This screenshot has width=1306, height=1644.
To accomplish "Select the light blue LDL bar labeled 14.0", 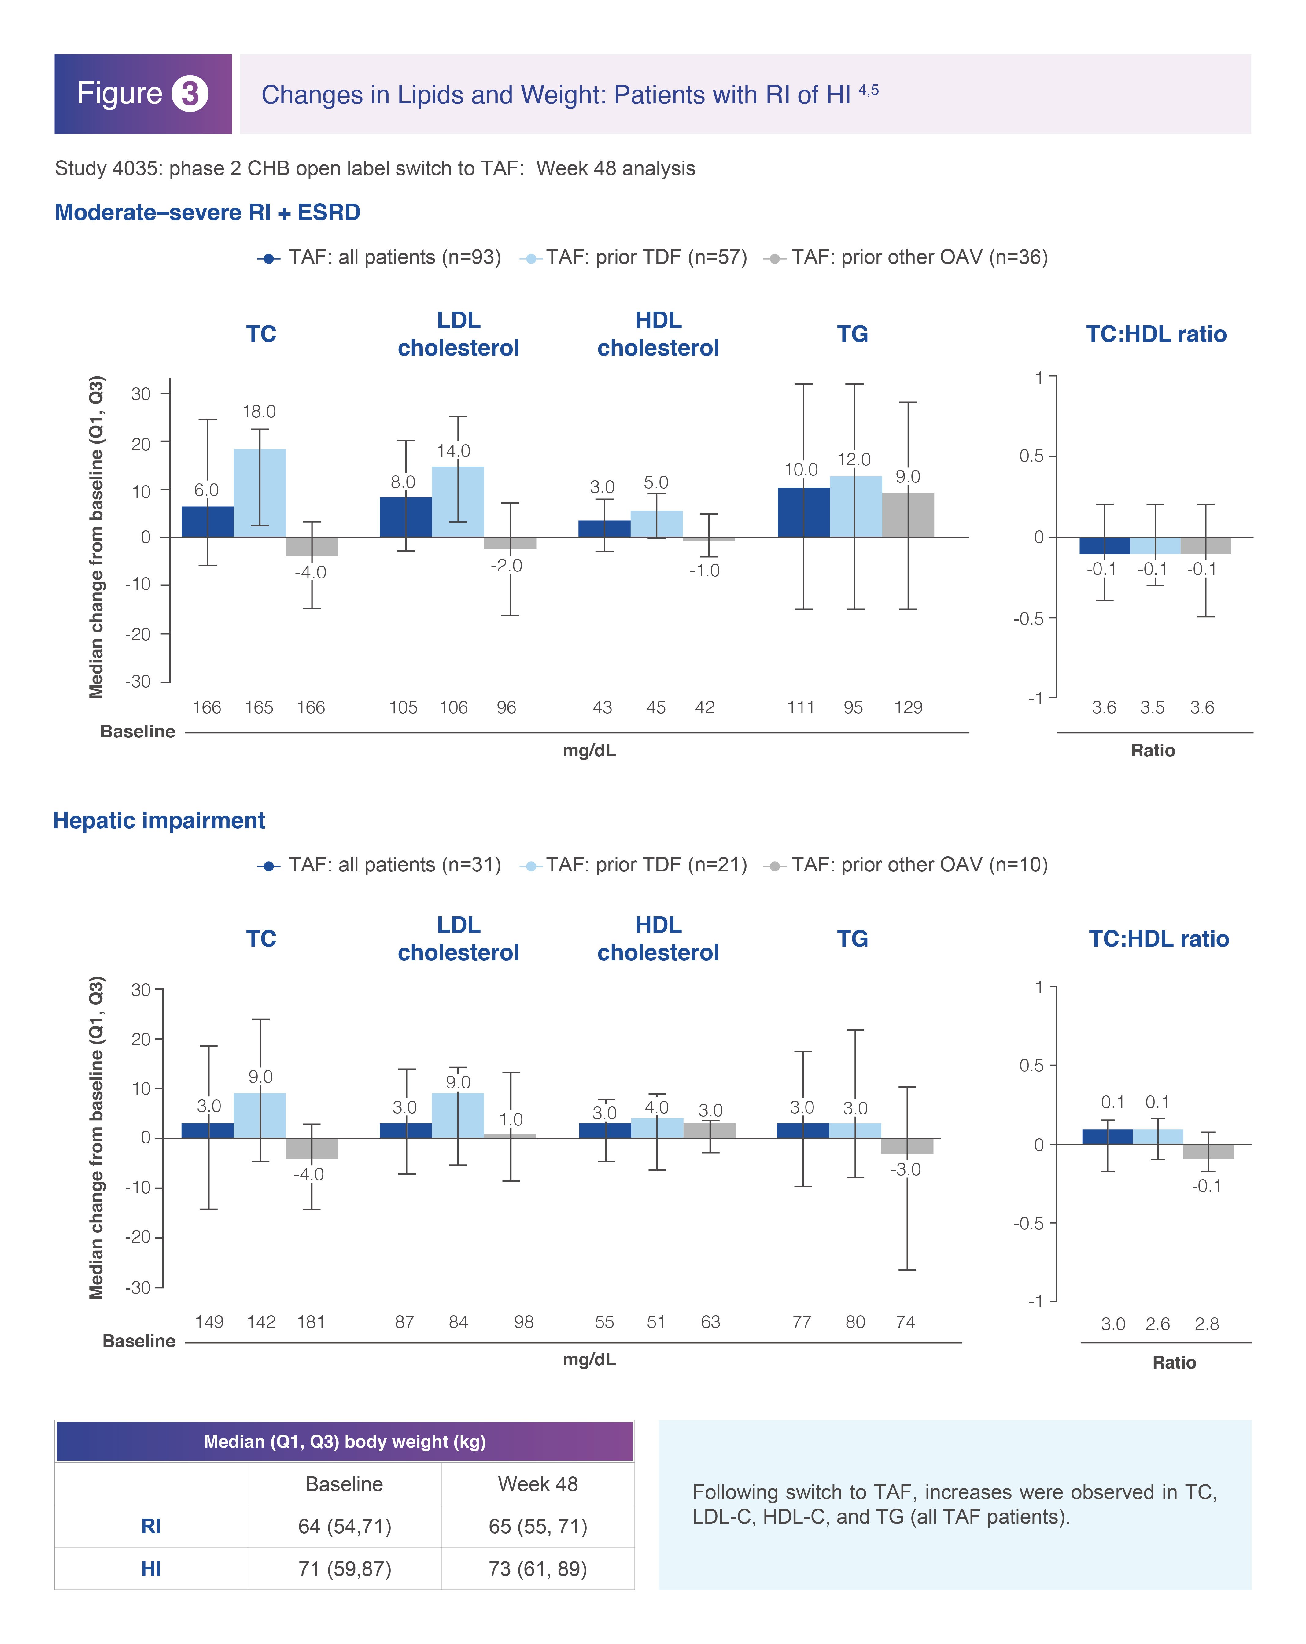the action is pyautogui.click(x=457, y=502).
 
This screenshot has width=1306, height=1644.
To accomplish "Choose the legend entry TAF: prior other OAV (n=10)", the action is pyautogui.click(x=906, y=865).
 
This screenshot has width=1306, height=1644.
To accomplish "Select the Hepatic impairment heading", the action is pyautogui.click(x=159, y=821).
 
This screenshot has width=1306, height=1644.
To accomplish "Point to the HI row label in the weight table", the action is pyautogui.click(x=151, y=1568).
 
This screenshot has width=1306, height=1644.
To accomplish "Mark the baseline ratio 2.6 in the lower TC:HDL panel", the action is pyautogui.click(x=1157, y=1324).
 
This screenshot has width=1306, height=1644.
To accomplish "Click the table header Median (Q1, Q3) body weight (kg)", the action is pyautogui.click(x=345, y=1441).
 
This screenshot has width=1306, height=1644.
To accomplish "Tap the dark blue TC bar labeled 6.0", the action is pyautogui.click(x=207, y=522).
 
